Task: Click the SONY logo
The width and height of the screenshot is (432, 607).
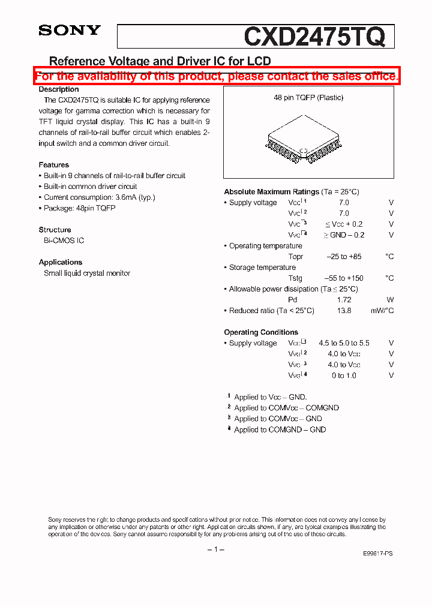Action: coord(70,31)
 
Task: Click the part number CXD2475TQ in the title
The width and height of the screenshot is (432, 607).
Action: coord(314,37)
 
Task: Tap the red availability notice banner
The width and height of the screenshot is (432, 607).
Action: coord(216,76)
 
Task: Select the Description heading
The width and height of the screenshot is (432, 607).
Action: coord(59,89)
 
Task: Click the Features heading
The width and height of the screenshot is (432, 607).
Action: coord(54,165)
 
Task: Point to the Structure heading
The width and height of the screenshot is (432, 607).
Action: coord(55,230)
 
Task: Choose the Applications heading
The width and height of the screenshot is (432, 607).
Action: coord(61,262)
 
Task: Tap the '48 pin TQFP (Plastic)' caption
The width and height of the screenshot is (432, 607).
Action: coord(308,98)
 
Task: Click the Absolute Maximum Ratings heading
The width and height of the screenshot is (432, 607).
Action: coord(271,192)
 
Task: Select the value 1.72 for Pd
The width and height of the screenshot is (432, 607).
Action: coord(344,300)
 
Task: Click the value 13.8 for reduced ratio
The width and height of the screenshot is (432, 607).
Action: coord(344,311)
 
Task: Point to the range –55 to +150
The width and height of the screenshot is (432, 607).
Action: coord(344,278)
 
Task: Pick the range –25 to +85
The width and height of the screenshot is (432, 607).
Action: coord(344,257)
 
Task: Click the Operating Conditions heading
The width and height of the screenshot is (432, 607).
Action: coord(261,332)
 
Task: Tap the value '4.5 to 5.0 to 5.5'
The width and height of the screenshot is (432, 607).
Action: coord(344,343)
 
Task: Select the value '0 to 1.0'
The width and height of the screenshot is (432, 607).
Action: coord(344,375)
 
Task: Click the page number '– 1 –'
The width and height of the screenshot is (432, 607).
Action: coord(215,550)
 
